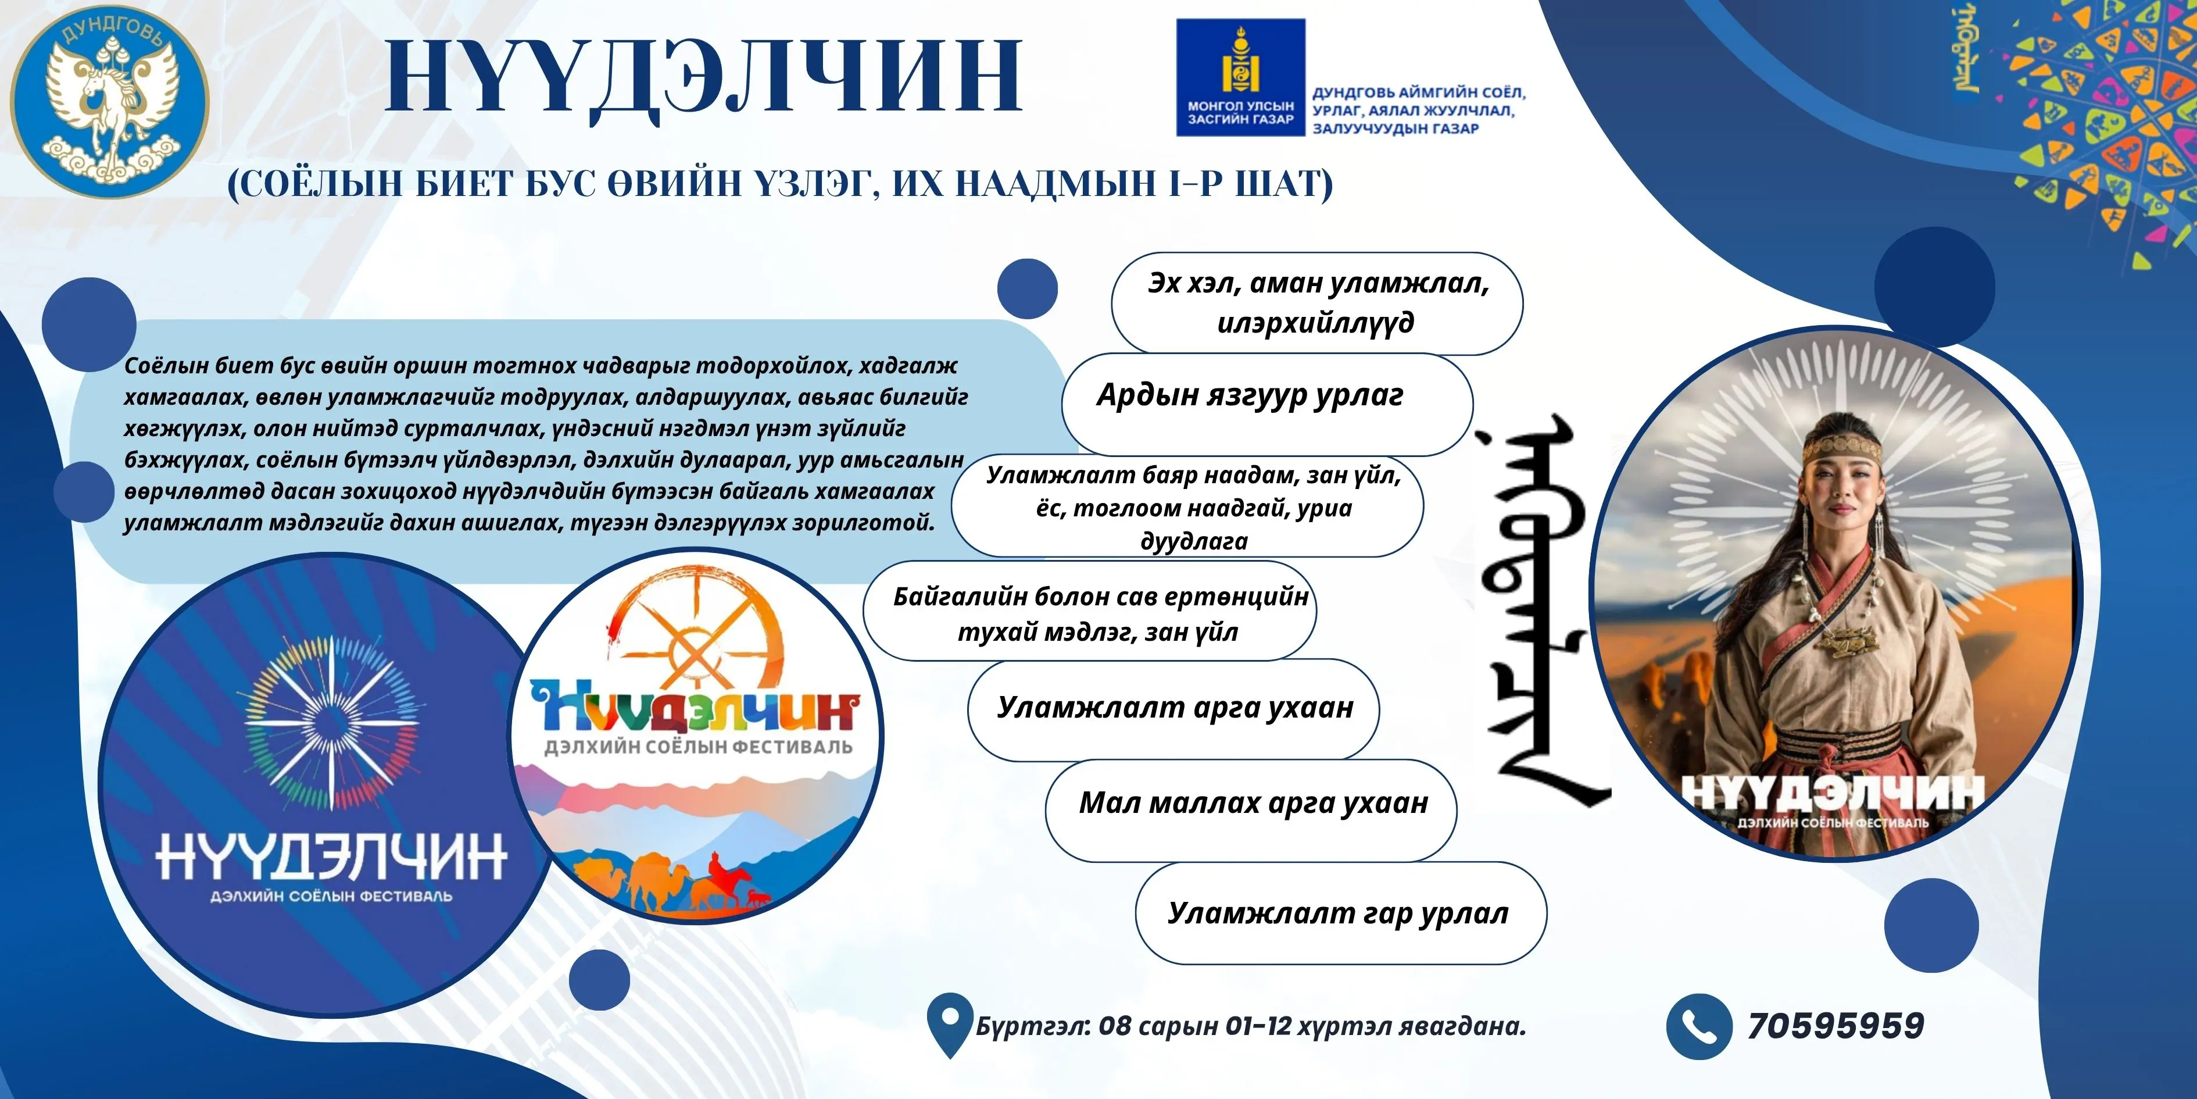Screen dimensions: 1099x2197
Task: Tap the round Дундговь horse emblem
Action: (109, 98)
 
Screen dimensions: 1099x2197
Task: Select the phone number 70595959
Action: (1835, 1026)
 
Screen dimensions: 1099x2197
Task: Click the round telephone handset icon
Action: (1699, 1026)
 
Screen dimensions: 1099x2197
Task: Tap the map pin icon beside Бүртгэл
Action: (949, 1024)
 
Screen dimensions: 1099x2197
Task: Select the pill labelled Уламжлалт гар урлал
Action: (1339, 913)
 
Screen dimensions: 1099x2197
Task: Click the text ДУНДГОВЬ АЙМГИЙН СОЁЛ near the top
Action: (1418, 92)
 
